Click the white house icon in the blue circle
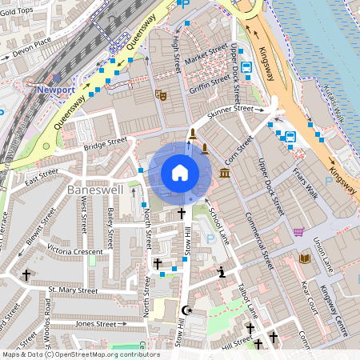[x=180, y=172]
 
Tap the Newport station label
[x=54, y=90]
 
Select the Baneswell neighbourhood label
[x=97, y=190]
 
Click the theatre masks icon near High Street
[x=160, y=94]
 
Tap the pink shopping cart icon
[x=298, y=232]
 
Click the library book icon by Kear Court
[x=304, y=258]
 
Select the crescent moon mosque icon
[x=188, y=310]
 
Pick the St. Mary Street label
[x=73, y=290]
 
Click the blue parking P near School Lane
[x=210, y=238]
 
